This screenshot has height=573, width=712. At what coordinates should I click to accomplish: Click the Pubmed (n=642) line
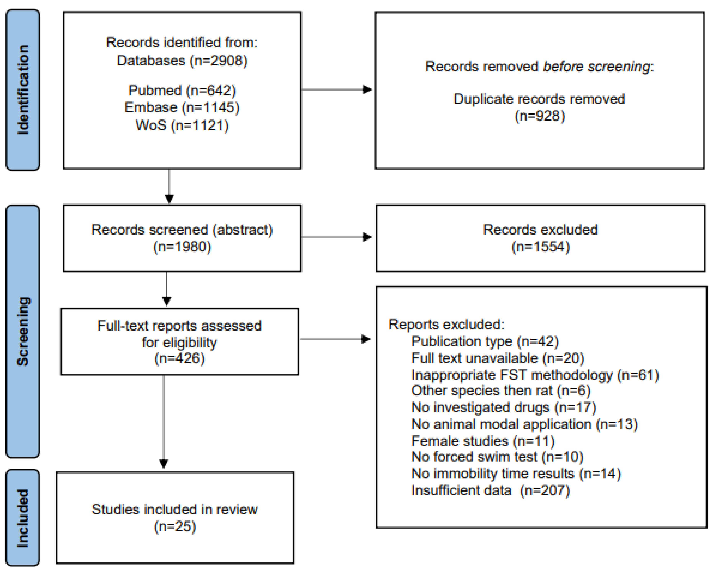pos(182,90)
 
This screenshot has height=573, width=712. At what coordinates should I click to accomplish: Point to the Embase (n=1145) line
pos(182,107)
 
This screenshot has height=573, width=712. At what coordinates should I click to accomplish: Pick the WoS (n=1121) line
pos(182,125)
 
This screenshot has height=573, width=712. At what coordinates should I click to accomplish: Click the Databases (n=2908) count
pos(182,60)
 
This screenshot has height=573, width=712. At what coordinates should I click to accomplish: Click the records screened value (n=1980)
pos(182,247)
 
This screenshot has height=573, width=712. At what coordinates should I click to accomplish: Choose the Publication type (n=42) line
pos(484,341)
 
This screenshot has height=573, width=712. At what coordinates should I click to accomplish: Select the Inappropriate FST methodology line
pos(535,375)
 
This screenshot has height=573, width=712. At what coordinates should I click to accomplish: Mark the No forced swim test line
pos(497,457)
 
